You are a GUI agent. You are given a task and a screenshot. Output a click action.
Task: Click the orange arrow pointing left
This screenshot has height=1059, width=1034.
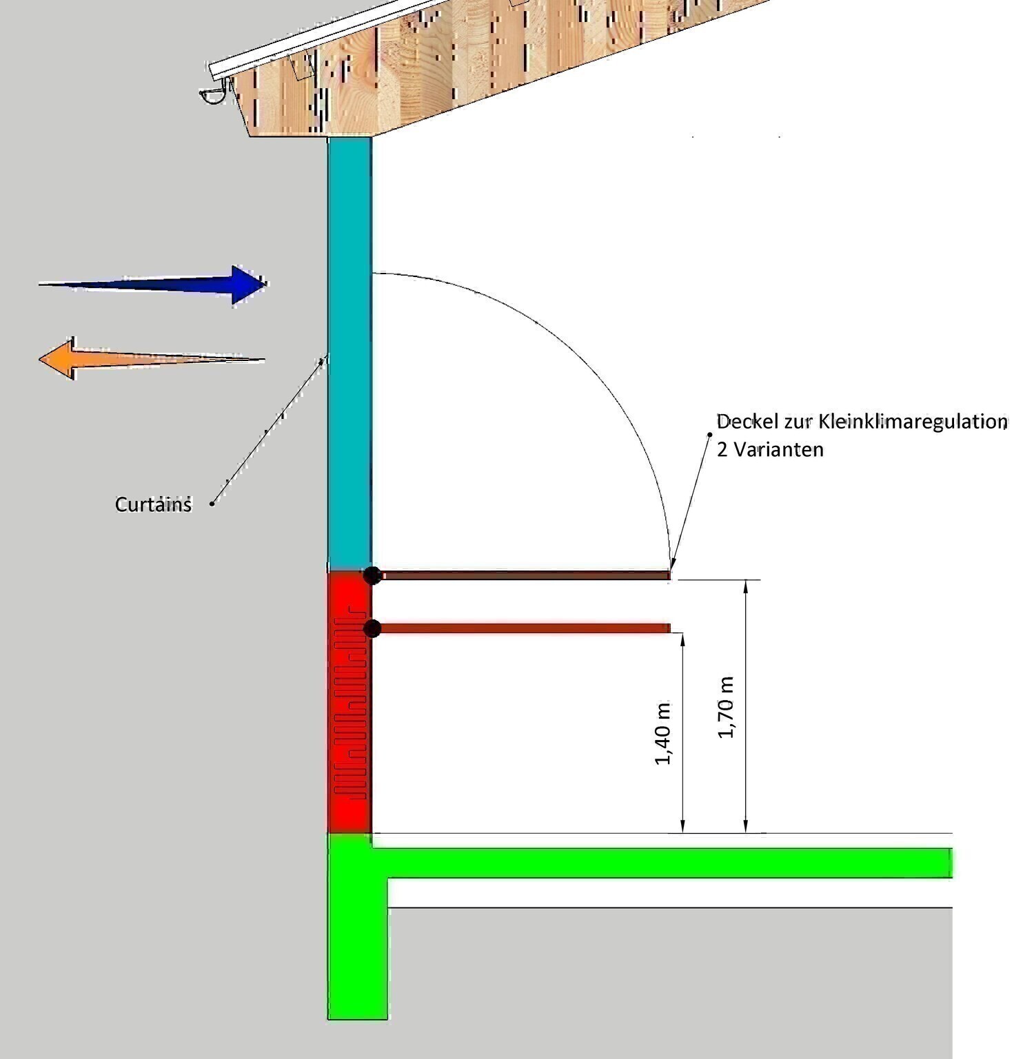[138, 358]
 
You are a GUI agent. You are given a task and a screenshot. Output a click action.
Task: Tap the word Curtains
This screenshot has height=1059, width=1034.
[153, 504]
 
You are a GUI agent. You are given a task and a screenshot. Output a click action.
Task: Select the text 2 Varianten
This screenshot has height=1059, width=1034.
[770, 450]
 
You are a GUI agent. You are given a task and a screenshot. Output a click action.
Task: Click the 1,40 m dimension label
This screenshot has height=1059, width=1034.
[663, 733]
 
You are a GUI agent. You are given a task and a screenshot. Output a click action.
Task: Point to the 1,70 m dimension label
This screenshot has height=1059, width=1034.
[726, 707]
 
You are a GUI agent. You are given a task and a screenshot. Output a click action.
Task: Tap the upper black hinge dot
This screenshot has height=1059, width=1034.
[372, 575]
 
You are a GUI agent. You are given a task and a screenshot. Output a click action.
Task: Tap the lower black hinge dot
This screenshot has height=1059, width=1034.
[372, 628]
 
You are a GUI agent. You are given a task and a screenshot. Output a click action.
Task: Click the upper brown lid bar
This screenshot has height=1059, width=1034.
[524, 575]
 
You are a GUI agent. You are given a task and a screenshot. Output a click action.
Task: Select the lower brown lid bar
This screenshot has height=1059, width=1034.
[524, 628]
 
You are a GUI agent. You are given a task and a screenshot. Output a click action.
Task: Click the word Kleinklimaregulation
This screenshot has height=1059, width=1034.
[913, 421]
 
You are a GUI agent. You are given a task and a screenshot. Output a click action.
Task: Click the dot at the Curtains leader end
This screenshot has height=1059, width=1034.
[212, 504]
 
